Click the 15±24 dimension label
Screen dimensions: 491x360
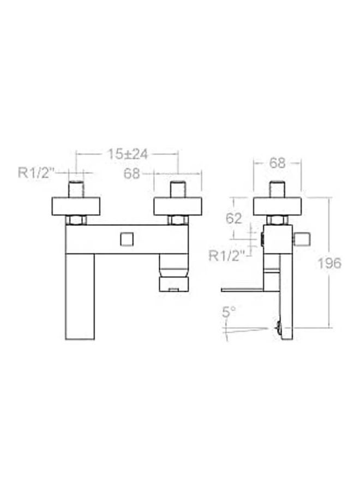click(x=127, y=154)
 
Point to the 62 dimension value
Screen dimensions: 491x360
click(x=233, y=218)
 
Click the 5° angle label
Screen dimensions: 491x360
click(x=229, y=312)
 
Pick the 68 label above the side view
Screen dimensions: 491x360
click(x=278, y=163)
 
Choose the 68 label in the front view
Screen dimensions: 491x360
click(x=131, y=173)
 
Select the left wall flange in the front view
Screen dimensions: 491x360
click(x=76, y=206)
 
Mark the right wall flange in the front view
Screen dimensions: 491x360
click(x=178, y=206)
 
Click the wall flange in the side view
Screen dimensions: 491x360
click(x=278, y=206)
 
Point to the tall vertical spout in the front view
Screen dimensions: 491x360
click(x=80, y=297)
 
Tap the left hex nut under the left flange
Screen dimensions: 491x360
click(x=76, y=220)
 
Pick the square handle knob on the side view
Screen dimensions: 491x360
click(x=302, y=239)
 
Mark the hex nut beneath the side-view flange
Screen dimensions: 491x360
click(x=278, y=220)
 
